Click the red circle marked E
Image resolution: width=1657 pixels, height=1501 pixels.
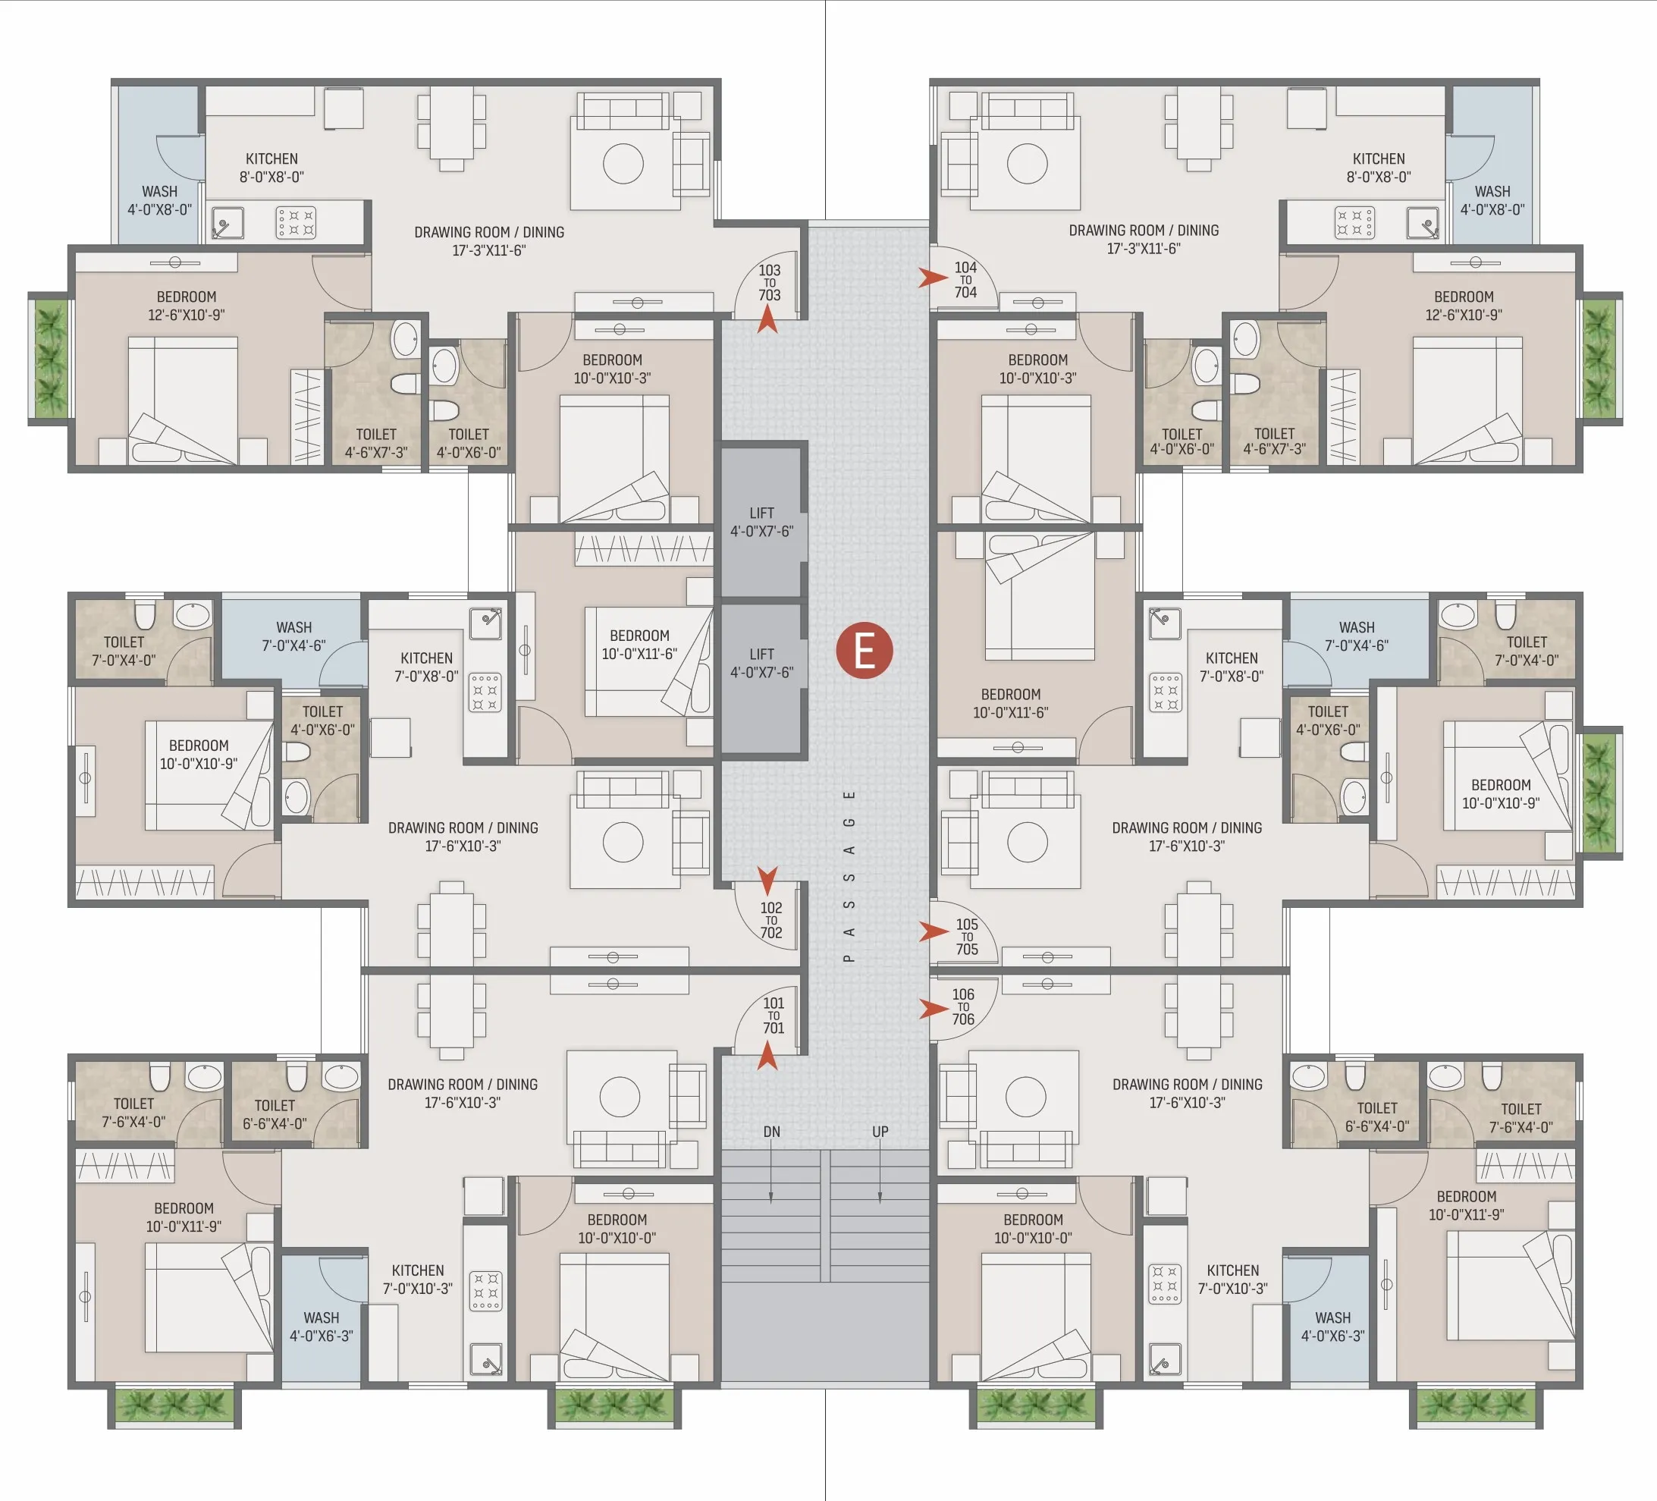coord(864,650)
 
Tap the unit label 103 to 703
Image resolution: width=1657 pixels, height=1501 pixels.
coord(769,282)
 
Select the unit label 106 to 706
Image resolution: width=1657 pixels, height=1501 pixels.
coord(963,1006)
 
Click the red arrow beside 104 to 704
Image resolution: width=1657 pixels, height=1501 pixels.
coord(932,278)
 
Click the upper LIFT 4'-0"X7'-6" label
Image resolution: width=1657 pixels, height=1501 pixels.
coord(762,522)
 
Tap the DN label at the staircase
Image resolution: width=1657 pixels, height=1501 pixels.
coord(771,1131)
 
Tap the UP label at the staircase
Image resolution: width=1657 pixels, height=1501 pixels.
coord(880,1131)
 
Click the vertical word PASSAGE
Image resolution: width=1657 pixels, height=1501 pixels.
coord(849,875)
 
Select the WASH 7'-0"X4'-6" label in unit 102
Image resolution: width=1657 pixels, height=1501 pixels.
coord(293,636)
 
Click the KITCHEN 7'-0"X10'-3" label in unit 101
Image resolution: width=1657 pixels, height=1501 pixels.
coord(418,1279)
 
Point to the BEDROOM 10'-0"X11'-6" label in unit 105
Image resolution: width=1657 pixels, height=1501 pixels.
coord(1010,703)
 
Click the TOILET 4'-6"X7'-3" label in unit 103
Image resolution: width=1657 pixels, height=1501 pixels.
coord(375,442)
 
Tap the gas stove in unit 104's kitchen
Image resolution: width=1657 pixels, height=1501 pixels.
coord(1354,222)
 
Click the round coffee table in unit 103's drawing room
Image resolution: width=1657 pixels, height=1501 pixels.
coord(622,164)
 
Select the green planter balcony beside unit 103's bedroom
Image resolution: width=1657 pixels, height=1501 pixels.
coord(50,359)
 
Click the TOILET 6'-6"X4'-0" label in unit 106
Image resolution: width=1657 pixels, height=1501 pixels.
coord(1376,1116)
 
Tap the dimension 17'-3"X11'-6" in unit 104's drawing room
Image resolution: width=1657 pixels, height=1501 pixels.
coord(1144,248)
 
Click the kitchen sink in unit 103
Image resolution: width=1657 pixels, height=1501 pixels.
coord(227,222)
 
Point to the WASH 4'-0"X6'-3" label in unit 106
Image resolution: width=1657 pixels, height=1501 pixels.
coord(1332,1327)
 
